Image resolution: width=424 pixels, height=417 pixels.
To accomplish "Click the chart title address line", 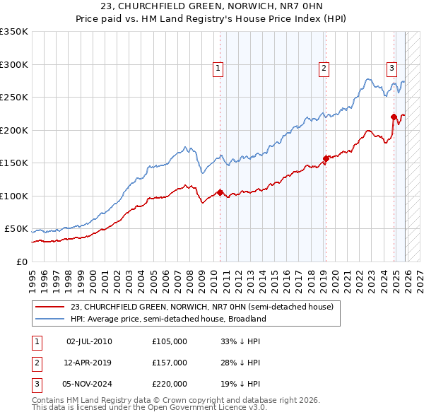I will point(211,8).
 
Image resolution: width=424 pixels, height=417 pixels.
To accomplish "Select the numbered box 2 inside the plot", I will point(323,69).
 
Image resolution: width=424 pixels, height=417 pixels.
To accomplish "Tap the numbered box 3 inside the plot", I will point(391,69).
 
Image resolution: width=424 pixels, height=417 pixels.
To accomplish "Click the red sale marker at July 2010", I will point(220,192).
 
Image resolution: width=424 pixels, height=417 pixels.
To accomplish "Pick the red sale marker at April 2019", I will point(326,158).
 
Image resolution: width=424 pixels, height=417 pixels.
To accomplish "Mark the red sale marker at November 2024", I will point(394,117).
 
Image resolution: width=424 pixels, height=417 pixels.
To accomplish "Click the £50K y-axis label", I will point(17,229).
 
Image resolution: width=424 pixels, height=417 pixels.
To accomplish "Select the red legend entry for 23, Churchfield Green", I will point(206,307).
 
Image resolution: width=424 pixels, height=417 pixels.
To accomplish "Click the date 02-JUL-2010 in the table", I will point(89,341).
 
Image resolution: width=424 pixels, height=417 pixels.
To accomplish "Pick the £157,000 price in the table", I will point(170,363).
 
